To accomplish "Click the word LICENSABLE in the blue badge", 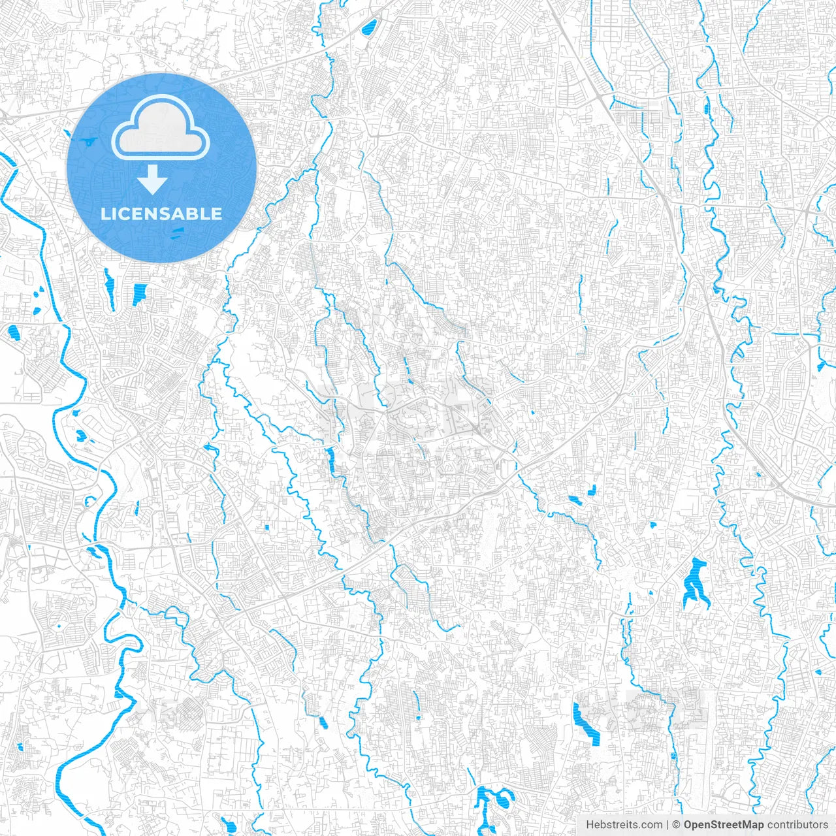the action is coord(161,214).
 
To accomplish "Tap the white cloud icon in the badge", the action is coord(160,128).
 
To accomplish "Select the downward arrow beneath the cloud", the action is coord(152,180).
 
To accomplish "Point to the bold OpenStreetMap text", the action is coord(723,825).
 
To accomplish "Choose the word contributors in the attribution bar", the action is coord(797,825).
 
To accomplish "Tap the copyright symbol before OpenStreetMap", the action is coord(677,825).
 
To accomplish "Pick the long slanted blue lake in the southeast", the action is coord(586,723).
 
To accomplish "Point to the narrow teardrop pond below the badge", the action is coord(108,287).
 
